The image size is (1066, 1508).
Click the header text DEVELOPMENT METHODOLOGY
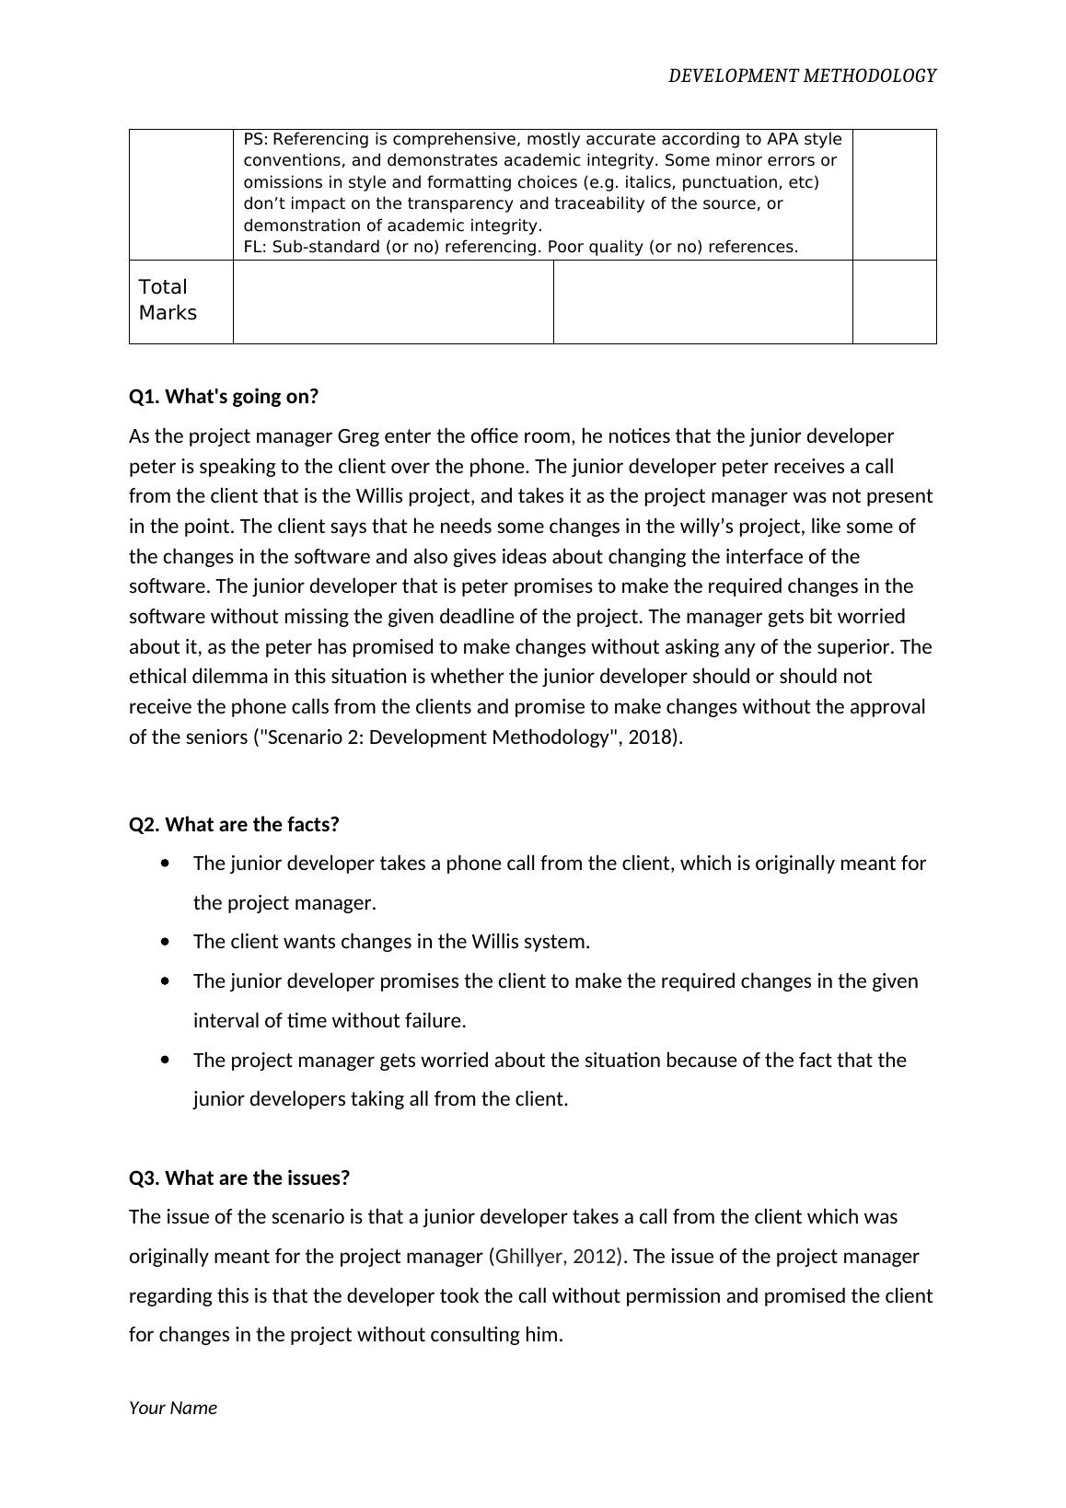pyautogui.click(x=801, y=76)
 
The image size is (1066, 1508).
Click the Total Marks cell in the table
pyautogui.click(x=168, y=300)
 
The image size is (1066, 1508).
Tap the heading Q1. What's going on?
pyautogui.click(x=224, y=397)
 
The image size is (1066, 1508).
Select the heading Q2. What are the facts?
pyautogui.click(x=234, y=825)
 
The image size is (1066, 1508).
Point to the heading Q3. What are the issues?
pyautogui.click(x=239, y=1178)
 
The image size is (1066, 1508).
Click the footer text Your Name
pyautogui.click(x=173, y=1408)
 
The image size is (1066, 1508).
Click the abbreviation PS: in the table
pyautogui.click(x=256, y=140)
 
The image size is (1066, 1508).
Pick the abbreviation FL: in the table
pyautogui.click(x=255, y=247)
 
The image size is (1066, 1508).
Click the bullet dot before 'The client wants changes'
pyautogui.click(x=165, y=942)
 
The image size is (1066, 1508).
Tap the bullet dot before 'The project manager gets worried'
pyautogui.click(x=165, y=1061)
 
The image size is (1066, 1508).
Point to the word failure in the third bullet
pyautogui.click(x=435, y=1021)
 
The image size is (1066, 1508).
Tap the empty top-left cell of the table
pyautogui.click(x=181, y=194)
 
